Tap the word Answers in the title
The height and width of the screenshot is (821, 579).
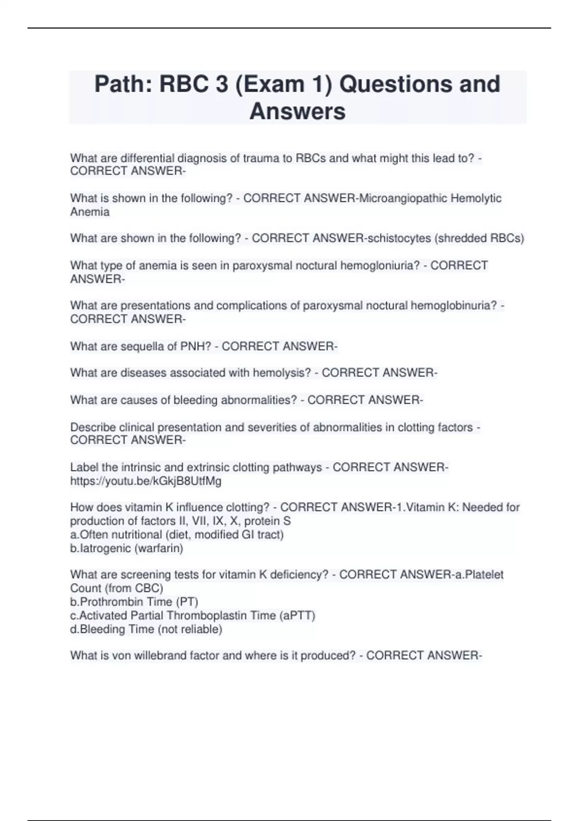tap(297, 111)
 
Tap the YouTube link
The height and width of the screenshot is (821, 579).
tap(146, 481)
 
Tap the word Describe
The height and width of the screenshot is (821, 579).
tap(93, 427)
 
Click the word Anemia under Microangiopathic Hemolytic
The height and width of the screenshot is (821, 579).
tap(90, 212)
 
